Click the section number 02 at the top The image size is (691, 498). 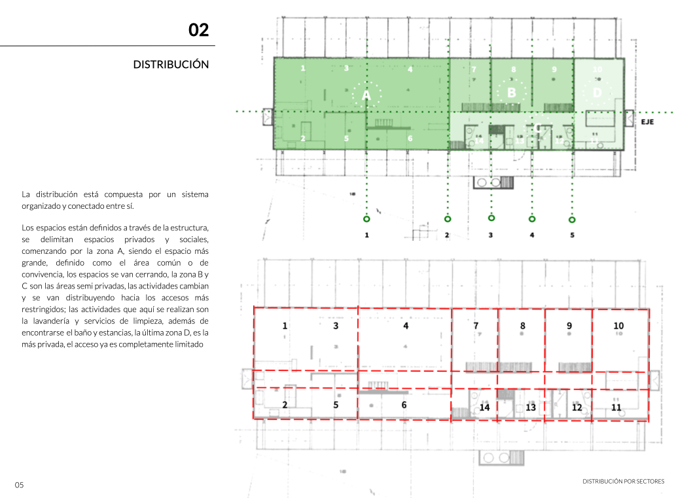coord(198,30)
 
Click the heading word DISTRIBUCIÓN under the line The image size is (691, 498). coord(171,65)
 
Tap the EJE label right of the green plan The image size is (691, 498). coord(647,122)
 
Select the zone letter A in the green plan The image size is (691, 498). coord(366,96)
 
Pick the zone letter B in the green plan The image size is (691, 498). coord(512,93)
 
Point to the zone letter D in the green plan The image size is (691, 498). coord(597,93)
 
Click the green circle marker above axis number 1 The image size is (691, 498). coord(366,219)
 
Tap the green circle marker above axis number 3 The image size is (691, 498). coord(491,218)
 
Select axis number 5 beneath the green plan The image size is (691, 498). coord(572,235)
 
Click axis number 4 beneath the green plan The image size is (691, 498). coord(532,235)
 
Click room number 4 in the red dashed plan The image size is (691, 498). coord(406,326)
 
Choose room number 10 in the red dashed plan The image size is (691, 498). coord(618,326)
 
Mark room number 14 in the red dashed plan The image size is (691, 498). coord(484,407)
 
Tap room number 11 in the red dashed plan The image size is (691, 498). coord(616,407)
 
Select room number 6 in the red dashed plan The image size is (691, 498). coord(404,405)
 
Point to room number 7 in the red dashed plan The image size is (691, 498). coord(476,326)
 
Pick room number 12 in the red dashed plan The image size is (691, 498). coord(576,407)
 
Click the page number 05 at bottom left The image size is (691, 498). coord(20,485)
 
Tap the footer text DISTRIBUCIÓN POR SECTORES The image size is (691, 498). coord(623,482)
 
